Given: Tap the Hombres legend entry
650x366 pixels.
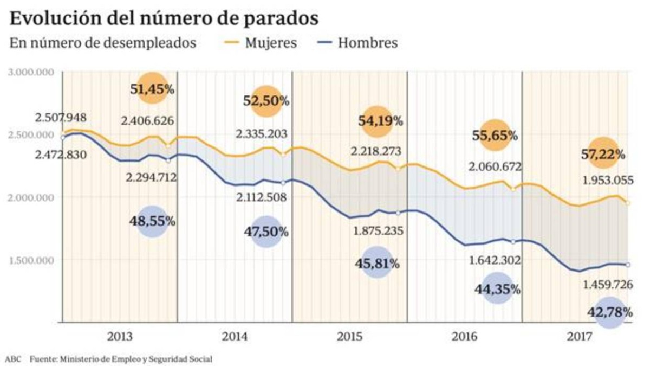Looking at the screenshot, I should pyautogui.click(x=359, y=43).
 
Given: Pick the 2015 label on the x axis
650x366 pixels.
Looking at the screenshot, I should pyautogui.click(x=350, y=337).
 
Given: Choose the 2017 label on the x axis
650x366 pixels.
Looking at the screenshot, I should pyautogui.click(x=580, y=337).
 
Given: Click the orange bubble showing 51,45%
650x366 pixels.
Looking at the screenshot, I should pyautogui.click(x=153, y=88).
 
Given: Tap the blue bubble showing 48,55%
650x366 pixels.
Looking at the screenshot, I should pyautogui.click(x=153, y=221).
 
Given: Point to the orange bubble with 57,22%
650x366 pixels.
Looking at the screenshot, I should pyautogui.click(x=603, y=154).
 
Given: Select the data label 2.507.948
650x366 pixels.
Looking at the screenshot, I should pyautogui.click(x=61, y=118).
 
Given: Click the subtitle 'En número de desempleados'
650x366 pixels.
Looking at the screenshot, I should pyautogui.click(x=102, y=43).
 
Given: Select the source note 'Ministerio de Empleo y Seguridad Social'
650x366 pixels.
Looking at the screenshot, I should pyautogui.click(x=136, y=359).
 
